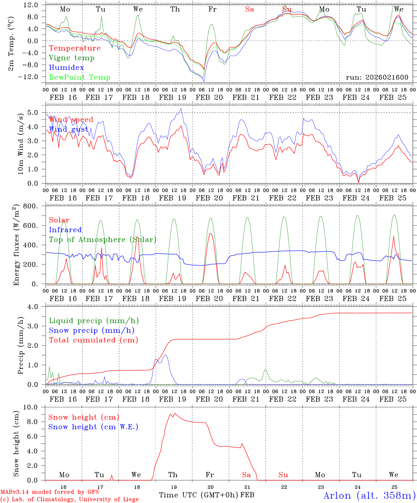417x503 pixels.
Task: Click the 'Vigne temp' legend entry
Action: coord(72,58)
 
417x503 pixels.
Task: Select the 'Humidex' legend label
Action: coord(66,68)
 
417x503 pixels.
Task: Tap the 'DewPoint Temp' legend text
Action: coord(80,78)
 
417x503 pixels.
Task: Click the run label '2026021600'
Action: coord(377,78)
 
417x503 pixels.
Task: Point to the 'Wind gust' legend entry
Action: coord(68,130)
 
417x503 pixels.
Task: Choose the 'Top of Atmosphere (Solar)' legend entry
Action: coord(103,240)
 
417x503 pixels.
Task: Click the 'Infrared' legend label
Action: coord(65,230)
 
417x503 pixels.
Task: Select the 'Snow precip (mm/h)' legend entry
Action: coord(92,330)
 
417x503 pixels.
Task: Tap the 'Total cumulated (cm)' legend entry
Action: coord(94,340)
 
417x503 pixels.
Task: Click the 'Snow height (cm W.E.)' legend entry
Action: coord(93,427)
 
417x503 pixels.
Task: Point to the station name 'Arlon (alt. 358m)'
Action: coord(370,495)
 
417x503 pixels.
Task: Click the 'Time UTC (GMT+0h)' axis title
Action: coord(199,495)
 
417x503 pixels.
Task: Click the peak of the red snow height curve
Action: coord(175,413)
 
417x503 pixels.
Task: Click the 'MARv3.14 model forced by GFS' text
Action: coord(50,492)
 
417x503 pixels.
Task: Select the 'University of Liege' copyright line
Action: coord(70,500)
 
